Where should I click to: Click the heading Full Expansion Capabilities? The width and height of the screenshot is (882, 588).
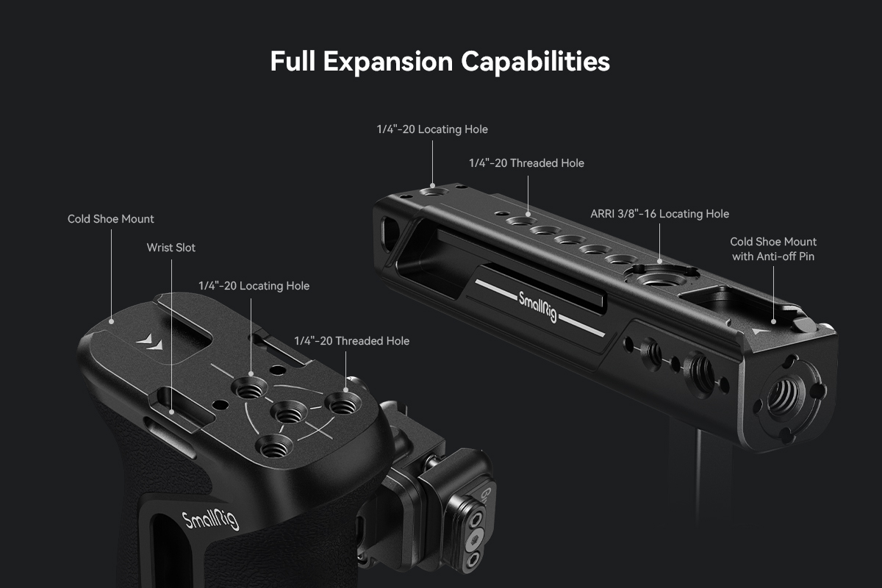pos(440,62)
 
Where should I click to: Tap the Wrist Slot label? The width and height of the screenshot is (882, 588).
pos(171,248)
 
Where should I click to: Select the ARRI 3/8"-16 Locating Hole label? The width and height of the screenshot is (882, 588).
pos(659,214)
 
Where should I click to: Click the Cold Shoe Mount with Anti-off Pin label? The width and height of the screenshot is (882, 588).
pos(773,249)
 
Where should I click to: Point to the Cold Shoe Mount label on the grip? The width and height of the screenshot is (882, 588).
pos(111,219)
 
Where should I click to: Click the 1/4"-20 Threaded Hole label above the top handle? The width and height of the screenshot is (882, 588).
pos(526,163)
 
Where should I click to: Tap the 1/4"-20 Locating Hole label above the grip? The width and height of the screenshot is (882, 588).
pos(254,286)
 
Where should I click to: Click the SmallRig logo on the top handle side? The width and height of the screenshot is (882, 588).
pos(538,307)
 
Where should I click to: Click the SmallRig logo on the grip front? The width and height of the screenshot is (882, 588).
pos(211,520)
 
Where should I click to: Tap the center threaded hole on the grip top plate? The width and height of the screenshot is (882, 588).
pos(289,412)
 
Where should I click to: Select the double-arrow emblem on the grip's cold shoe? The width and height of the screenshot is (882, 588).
pos(149,342)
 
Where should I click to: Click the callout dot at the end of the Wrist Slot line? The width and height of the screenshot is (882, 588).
pos(172,412)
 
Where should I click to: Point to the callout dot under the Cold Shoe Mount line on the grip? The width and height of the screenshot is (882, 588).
pos(112,322)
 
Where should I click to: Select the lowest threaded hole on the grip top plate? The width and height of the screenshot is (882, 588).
pos(274,446)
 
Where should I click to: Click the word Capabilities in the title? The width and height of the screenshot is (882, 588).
pos(536,62)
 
